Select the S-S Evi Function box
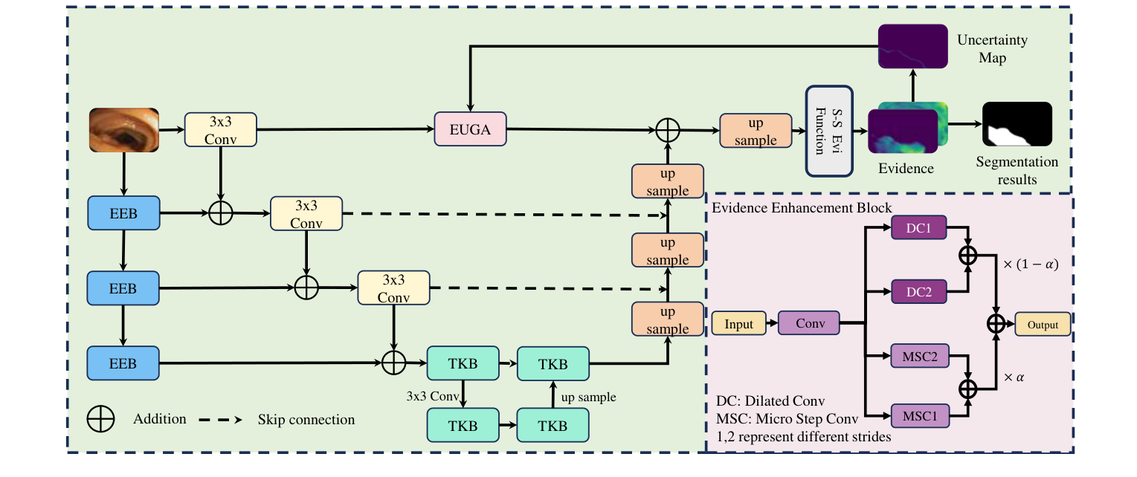(828, 132)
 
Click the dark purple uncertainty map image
(912, 47)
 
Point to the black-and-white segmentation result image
(1017, 124)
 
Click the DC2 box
(918, 292)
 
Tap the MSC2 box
(918, 357)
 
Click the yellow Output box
(1042, 324)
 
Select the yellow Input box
(738, 324)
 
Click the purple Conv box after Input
(808, 324)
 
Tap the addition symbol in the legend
(100, 419)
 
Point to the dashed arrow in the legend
(221, 420)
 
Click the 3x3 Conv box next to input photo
(219, 129)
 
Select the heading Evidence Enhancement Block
(801, 208)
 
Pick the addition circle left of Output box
(996, 324)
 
